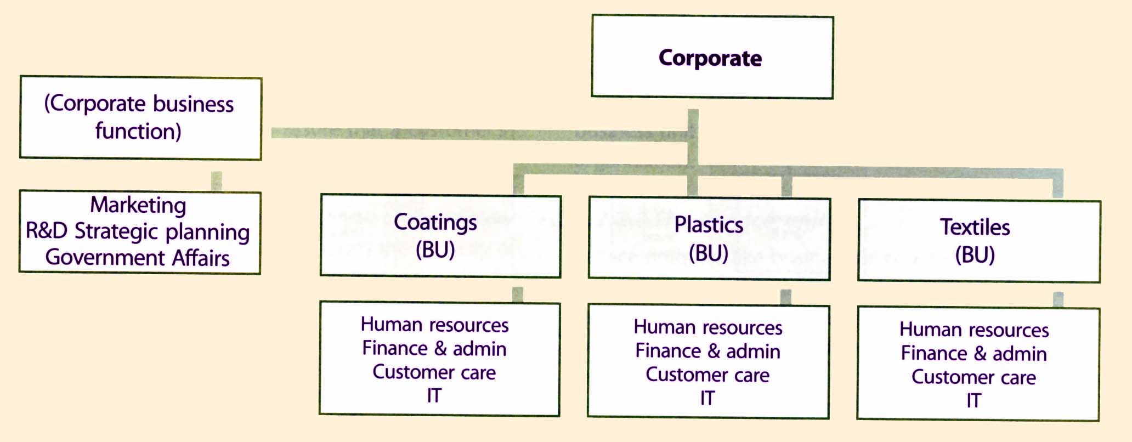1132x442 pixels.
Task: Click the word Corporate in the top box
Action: pos(710,58)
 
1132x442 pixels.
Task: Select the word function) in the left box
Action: pos(138,132)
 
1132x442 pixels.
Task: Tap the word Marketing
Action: pos(138,205)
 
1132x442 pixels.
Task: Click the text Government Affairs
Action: pos(137,258)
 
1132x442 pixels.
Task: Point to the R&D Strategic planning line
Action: pos(138,231)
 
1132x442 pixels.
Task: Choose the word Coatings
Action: pos(435,223)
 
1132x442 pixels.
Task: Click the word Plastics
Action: pos(709,225)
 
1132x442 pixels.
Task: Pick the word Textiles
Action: pos(975,227)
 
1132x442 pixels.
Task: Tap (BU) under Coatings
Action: pos(435,250)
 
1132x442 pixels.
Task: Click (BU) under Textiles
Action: pos(975,255)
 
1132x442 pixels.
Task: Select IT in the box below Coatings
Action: pos(434,395)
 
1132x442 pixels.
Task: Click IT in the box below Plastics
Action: pos(707,398)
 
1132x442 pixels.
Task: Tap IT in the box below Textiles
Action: pos(973,401)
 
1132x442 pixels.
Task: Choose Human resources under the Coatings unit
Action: pos(434,325)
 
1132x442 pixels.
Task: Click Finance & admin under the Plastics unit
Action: pos(707,351)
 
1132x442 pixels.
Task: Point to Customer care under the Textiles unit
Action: pos(973,377)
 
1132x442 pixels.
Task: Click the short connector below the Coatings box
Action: pos(517,294)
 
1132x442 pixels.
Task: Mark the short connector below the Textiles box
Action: pos(1058,299)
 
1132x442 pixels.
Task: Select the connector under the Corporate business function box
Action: pos(217,180)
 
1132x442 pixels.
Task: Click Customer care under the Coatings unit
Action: pos(434,372)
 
